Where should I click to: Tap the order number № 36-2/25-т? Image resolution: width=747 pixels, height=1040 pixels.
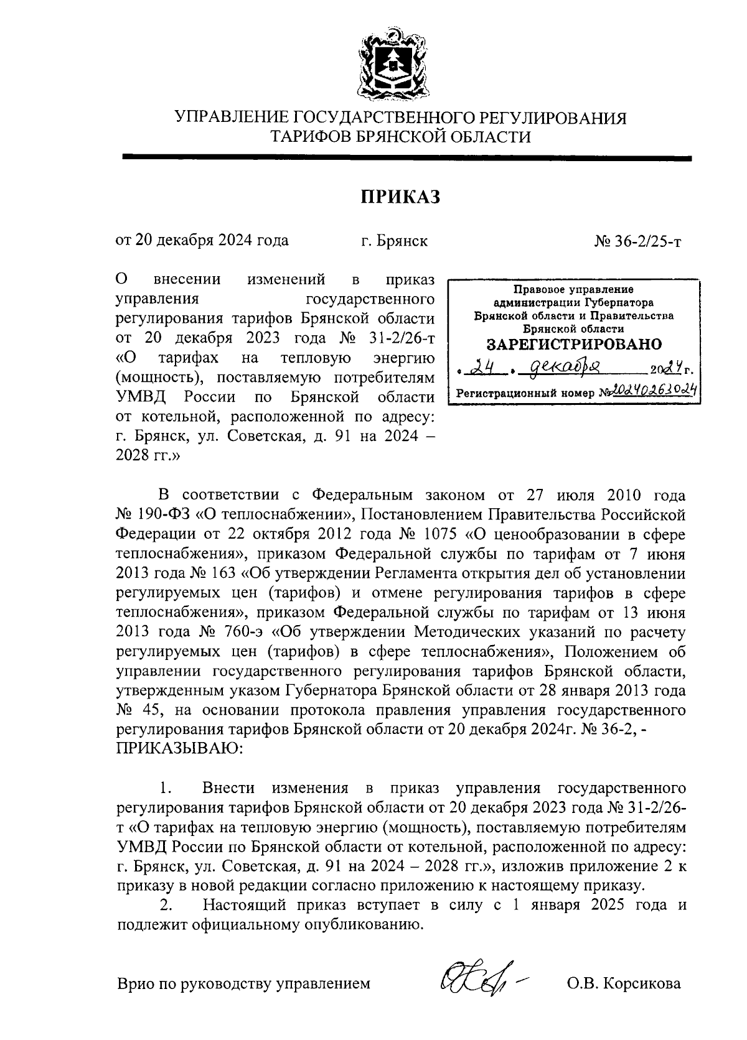637,241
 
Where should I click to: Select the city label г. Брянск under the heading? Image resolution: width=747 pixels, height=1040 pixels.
394,241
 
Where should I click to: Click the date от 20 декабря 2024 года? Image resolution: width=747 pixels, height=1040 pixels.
202,241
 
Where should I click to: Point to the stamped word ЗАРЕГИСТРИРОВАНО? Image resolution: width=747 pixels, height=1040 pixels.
573,344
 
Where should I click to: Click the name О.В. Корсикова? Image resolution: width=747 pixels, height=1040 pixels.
623,983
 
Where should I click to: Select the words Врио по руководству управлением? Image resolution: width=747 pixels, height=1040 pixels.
243,983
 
